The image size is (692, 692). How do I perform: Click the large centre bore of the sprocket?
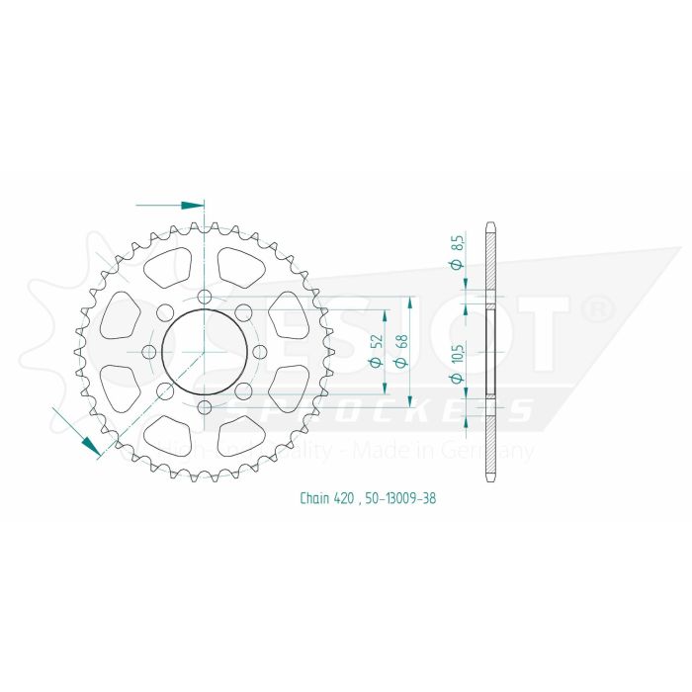[x=204, y=351]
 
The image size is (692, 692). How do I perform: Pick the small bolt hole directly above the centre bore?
[x=204, y=297]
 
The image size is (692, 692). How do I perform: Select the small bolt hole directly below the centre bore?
[x=204, y=406]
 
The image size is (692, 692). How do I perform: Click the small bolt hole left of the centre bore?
[x=149, y=352]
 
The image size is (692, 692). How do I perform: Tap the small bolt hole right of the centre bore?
[x=259, y=352]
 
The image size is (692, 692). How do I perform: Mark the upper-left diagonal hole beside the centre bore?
[x=165, y=313]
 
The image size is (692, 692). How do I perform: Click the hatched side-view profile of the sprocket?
[x=489, y=351]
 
